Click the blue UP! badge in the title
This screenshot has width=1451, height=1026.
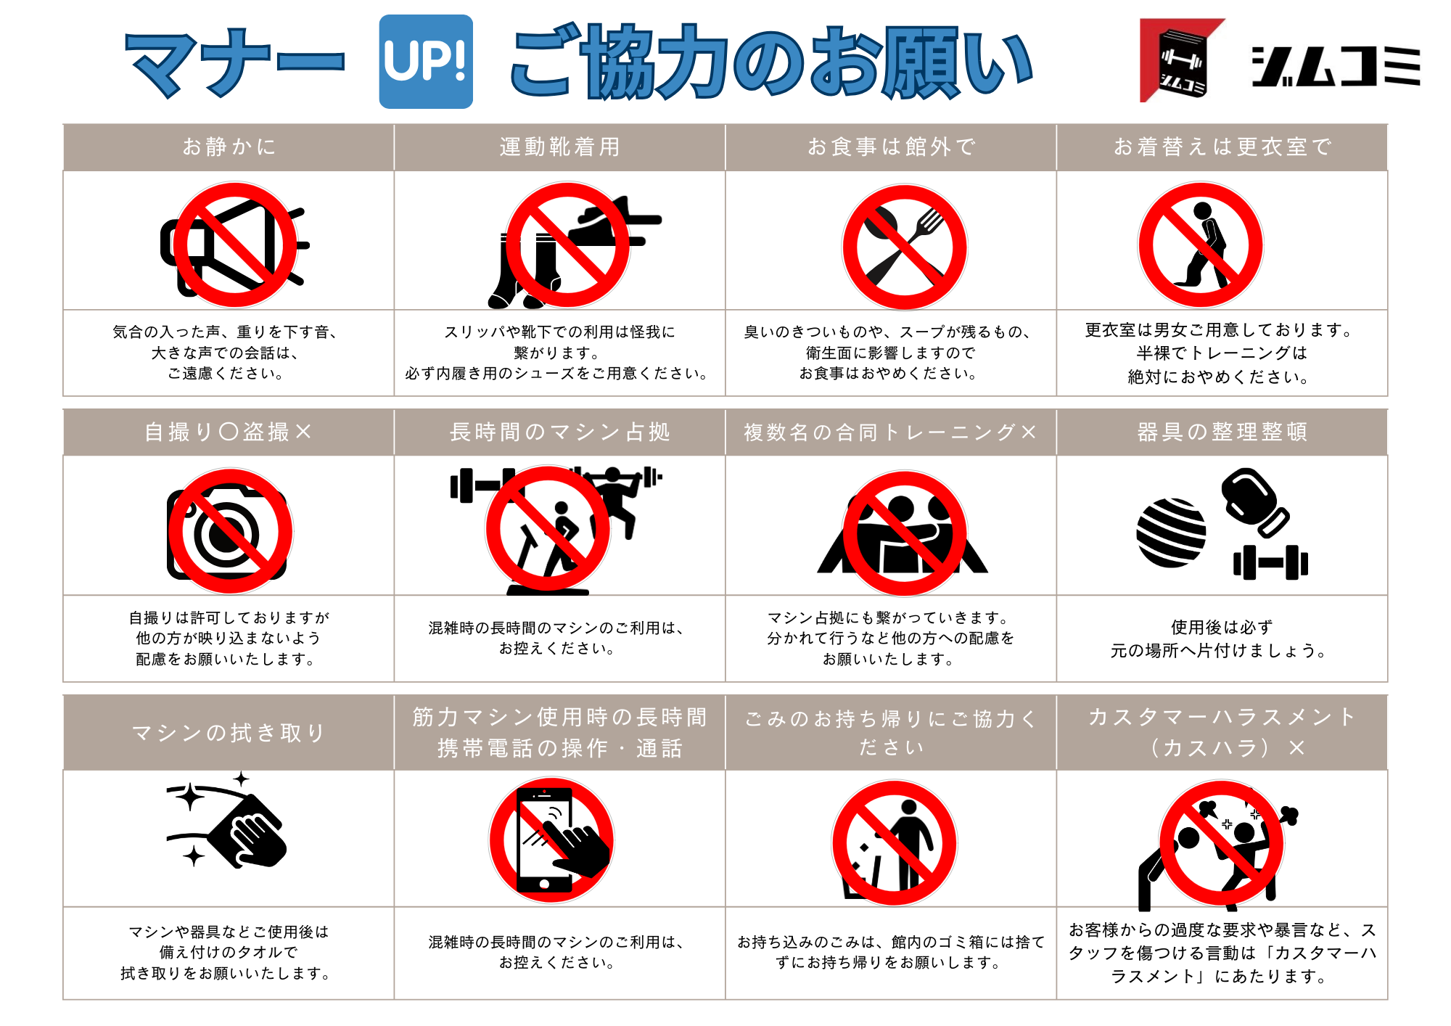click(426, 62)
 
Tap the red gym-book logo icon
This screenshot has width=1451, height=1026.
click(1182, 60)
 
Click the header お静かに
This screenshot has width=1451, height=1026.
click(229, 147)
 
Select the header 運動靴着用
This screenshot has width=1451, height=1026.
click(560, 147)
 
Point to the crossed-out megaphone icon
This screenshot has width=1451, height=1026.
click(234, 245)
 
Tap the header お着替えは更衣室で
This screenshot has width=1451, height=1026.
click(1222, 147)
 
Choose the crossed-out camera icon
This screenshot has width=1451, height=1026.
click(230, 532)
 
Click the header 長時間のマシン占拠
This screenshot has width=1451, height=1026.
click(560, 432)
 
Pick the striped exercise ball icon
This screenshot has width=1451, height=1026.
click(1171, 533)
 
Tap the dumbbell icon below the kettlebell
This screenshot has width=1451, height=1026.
click(1270, 562)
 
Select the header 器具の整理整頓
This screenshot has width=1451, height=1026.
click(1222, 432)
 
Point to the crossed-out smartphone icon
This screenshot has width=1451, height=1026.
click(551, 840)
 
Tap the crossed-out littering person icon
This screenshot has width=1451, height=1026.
click(894, 843)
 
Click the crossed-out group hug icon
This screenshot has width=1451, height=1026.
click(903, 533)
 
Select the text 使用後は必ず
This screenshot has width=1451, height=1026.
click(1222, 627)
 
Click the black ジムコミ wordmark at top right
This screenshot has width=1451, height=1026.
click(1336, 66)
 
